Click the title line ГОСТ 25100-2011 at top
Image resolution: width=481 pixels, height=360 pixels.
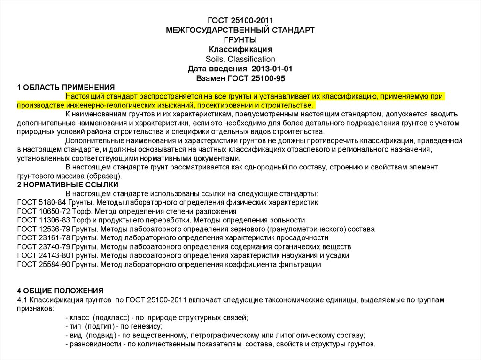pyautogui.click(x=240, y=21)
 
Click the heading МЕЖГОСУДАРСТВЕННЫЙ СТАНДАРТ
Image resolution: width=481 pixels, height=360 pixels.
pyautogui.click(x=240, y=30)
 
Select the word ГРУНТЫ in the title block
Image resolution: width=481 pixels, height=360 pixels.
pyautogui.click(x=240, y=40)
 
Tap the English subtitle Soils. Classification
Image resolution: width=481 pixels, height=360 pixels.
pyautogui.click(x=240, y=59)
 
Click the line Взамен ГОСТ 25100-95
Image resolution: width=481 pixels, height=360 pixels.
pyautogui.click(x=240, y=78)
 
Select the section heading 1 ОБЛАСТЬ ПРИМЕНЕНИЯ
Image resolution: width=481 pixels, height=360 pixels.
pyautogui.click(x=66, y=87)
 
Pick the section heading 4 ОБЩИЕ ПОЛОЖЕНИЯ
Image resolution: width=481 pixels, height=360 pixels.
pyautogui.click(x=60, y=291)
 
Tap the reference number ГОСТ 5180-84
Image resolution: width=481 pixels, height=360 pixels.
pyautogui.click(x=41, y=203)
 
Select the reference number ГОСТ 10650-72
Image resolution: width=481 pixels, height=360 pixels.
pyautogui.click(x=43, y=212)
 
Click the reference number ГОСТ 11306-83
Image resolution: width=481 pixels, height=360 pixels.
pyautogui.click(x=43, y=220)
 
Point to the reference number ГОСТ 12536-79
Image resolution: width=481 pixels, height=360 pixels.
pyautogui.click(x=43, y=229)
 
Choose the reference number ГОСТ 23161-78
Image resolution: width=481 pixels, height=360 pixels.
pyautogui.click(x=43, y=238)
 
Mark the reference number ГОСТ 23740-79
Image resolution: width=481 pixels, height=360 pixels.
pyautogui.click(x=43, y=247)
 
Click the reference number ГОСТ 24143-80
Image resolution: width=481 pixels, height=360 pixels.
pyautogui.click(x=43, y=256)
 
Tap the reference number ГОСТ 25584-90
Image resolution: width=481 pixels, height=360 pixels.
pyautogui.click(x=43, y=265)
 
